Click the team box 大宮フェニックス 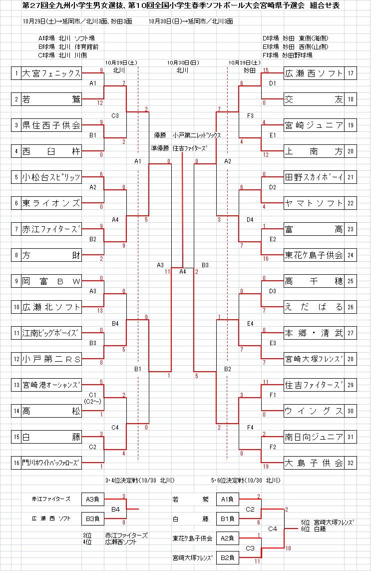(51, 74)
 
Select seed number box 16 (16, 463)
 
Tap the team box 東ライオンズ (51, 203)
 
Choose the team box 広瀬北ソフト (51, 307)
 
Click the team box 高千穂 (314, 281)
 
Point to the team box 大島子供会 (314, 463)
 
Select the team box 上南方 (314, 151)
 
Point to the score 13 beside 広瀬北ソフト (100, 310)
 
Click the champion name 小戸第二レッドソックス (196, 135)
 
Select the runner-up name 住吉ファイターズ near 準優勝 (190, 148)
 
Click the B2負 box (228, 558)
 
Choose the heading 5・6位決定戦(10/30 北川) (245, 481)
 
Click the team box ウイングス (314, 411)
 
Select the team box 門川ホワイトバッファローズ (51, 463)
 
